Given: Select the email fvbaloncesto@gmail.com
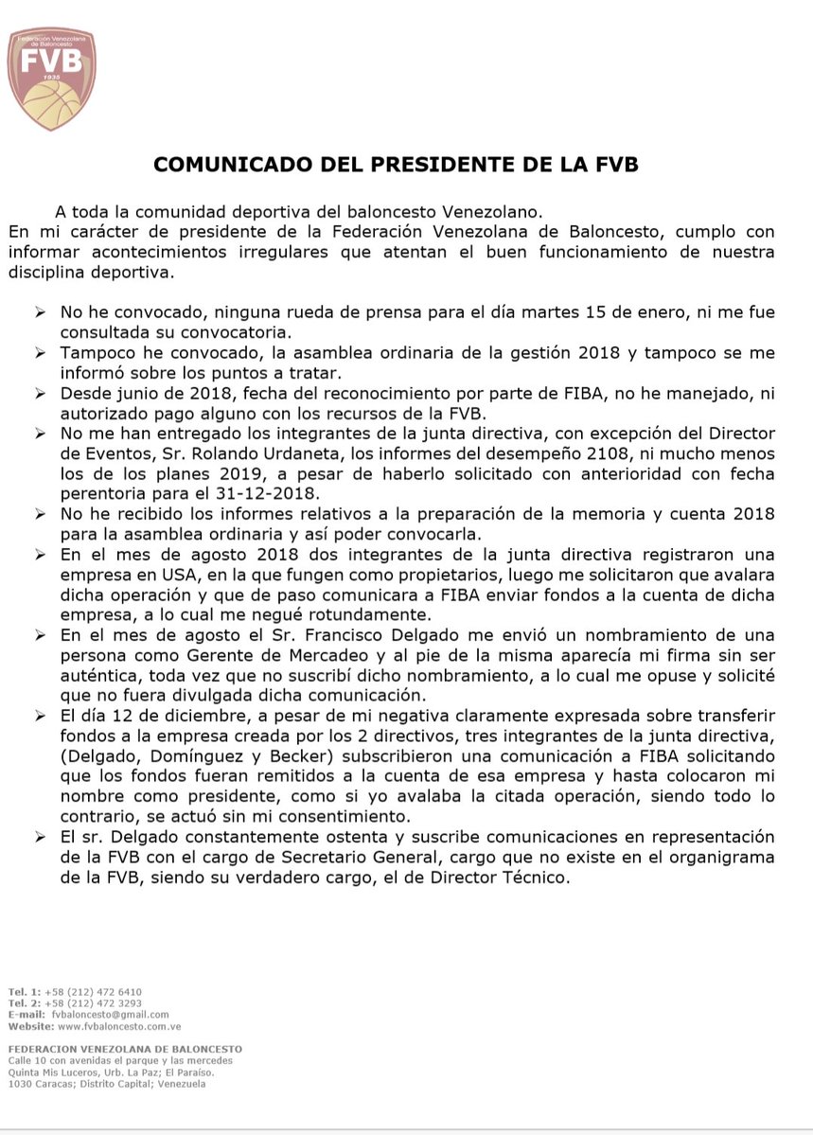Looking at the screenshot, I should click(x=111, y=1014).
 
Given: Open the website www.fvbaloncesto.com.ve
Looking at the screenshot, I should click(x=119, y=1025).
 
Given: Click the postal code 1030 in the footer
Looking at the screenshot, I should click(x=19, y=1083).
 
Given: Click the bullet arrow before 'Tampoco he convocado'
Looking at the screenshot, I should click(x=40, y=353).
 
